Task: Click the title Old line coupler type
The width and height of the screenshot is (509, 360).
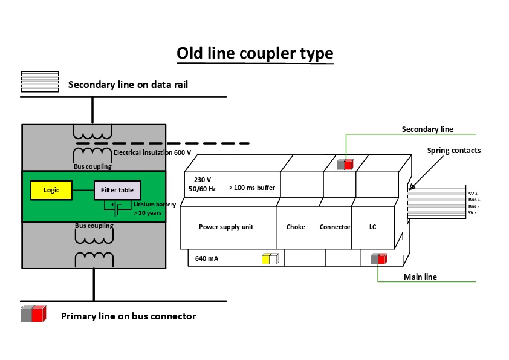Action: (254, 54)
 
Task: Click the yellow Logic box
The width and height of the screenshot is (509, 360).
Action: (51, 190)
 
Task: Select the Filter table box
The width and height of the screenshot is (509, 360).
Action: (117, 190)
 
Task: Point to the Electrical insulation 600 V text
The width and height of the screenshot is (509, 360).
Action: (152, 152)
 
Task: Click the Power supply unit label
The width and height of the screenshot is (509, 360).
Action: (226, 227)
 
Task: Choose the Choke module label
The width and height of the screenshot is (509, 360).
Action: (296, 227)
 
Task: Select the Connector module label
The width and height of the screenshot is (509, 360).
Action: (335, 227)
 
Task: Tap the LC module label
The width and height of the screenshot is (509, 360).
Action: (373, 227)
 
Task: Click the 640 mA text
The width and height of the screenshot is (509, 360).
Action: (207, 258)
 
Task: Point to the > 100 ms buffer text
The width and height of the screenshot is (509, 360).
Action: (251, 188)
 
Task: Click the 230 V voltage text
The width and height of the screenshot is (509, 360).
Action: (203, 180)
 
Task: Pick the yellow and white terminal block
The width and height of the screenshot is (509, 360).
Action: (270, 258)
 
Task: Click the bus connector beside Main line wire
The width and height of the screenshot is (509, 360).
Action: (378, 258)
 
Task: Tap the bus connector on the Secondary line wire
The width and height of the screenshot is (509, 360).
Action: (345, 163)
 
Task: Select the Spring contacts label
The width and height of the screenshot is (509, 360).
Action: (454, 150)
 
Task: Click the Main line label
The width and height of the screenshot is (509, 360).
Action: (420, 277)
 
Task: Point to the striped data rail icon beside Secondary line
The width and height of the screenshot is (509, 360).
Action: (40, 82)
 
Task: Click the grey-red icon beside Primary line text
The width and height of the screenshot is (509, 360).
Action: (33, 314)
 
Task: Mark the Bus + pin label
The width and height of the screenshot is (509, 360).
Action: (474, 200)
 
